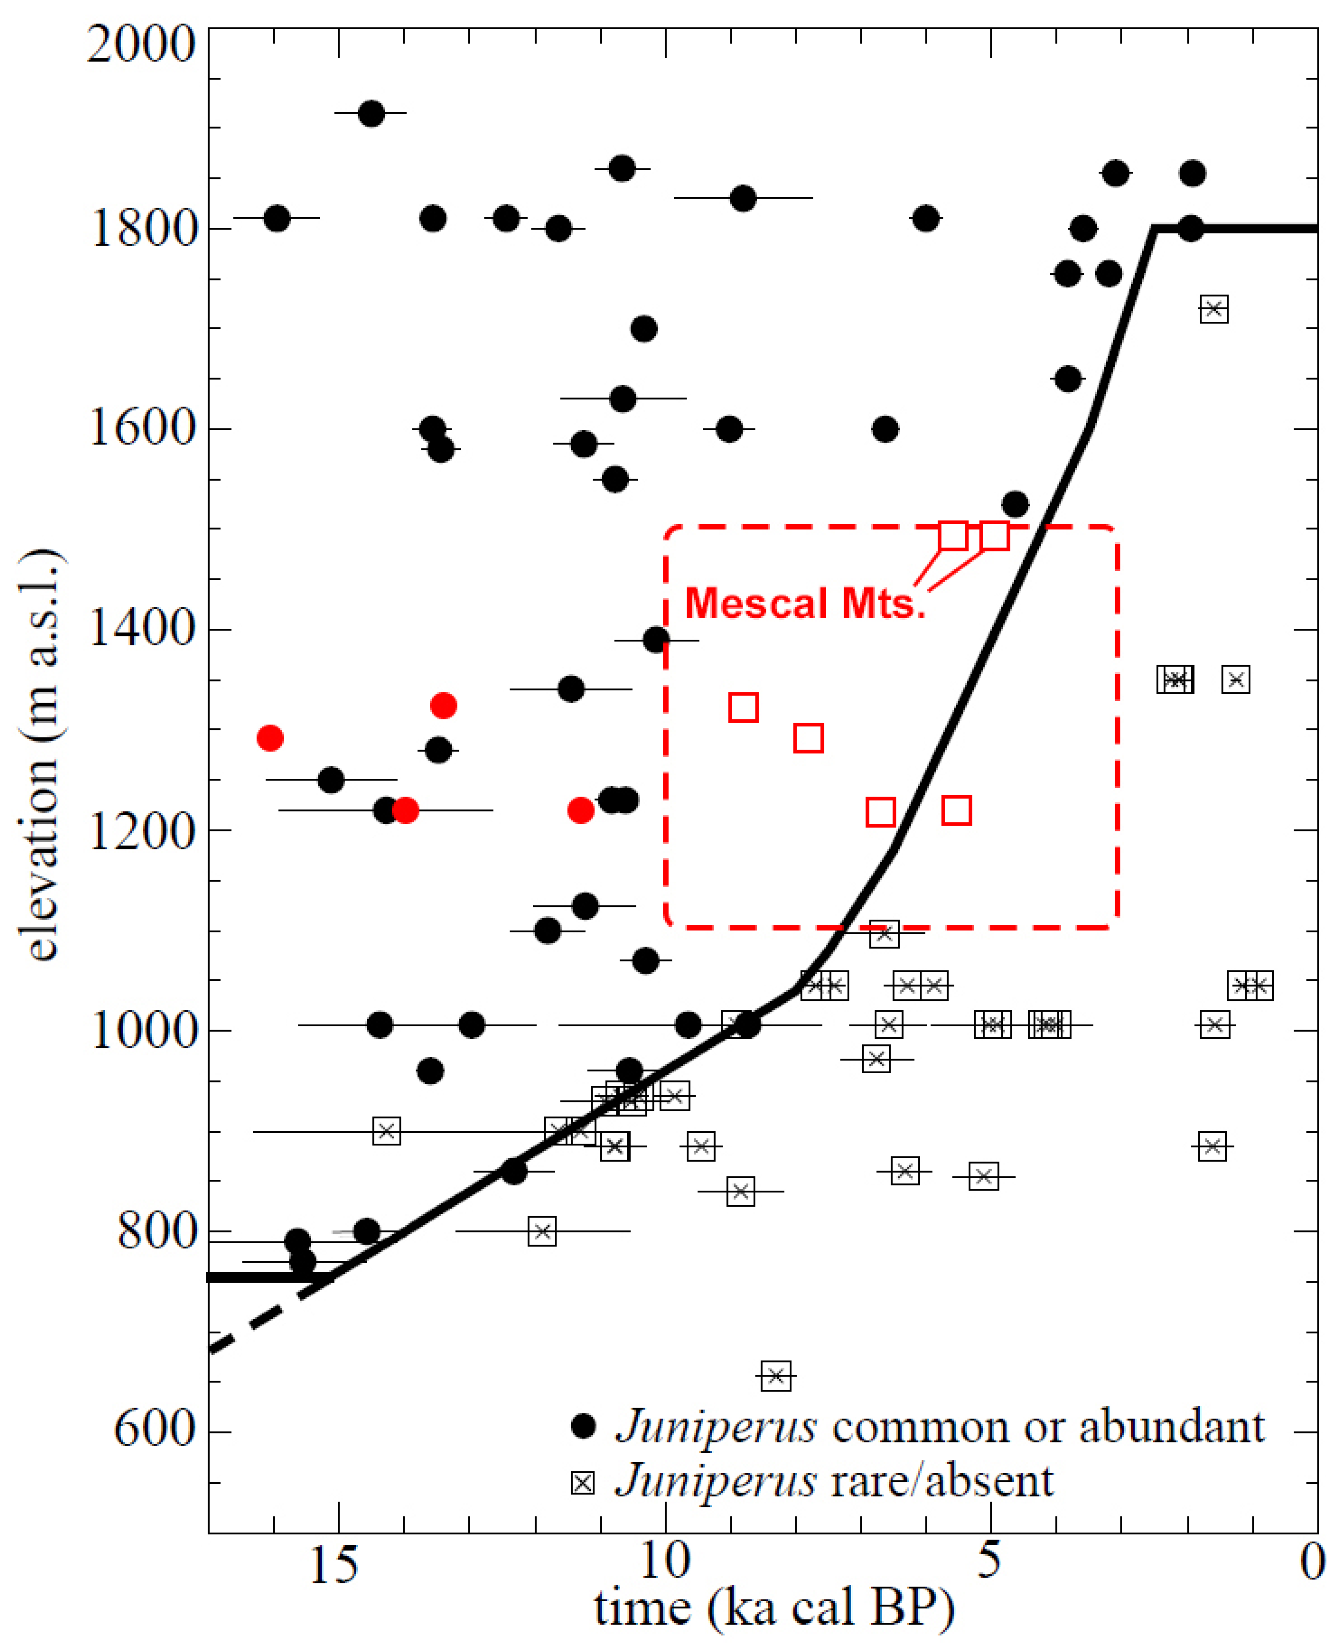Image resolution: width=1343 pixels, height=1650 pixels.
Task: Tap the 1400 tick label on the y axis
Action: (x=141, y=627)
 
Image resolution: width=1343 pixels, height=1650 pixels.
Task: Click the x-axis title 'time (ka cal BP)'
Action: (x=774, y=1609)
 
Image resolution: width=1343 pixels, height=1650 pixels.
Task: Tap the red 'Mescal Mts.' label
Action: (x=805, y=604)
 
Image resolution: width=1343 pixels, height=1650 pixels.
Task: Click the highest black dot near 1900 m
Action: (x=372, y=114)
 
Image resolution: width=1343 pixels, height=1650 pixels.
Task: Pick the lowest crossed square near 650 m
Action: (x=776, y=1375)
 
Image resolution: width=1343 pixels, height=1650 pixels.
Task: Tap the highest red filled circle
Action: (x=443, y=705)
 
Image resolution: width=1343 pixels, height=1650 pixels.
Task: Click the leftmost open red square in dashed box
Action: (x=744, y=707)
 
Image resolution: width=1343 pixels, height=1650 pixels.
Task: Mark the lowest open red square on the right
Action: (x=956, y=810)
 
